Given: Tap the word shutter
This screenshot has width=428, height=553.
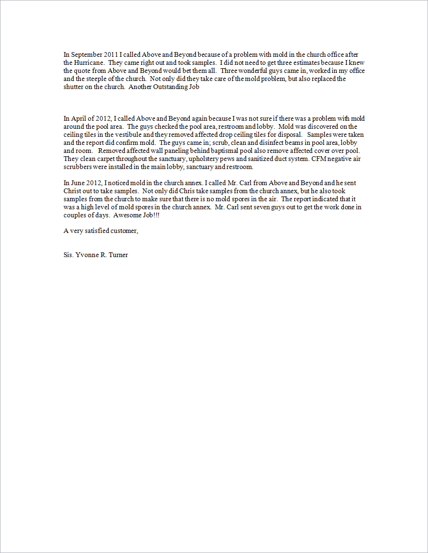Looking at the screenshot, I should pos(73,87).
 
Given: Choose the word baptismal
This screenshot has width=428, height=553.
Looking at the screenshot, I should pos(215,151).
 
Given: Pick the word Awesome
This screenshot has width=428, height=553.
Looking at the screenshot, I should pos(127,215).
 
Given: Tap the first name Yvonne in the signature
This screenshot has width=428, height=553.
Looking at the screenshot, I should pos(87,255).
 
